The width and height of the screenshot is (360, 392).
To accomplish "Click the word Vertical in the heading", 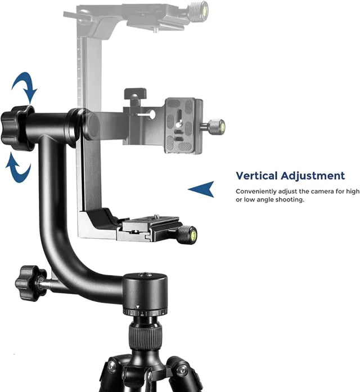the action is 256,176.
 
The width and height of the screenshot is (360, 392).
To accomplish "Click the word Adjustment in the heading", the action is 313,176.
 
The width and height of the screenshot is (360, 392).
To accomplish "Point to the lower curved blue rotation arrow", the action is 18,168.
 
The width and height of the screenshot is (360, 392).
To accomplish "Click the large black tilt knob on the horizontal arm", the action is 17,128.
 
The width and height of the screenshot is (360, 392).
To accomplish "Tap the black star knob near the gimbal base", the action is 31,283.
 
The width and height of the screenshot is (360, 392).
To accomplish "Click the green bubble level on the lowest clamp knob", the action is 193,235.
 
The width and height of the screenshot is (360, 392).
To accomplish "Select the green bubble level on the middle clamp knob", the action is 222,125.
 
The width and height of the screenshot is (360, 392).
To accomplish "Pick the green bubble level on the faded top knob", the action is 205,11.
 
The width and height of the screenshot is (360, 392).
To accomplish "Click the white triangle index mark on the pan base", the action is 137,306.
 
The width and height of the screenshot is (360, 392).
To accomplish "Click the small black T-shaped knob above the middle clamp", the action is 136,96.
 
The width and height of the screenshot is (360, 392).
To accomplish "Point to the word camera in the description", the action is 321,191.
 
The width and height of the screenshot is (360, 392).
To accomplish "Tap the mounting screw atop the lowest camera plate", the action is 157,216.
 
